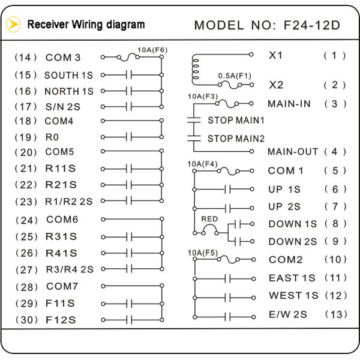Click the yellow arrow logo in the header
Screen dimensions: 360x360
(13, 25)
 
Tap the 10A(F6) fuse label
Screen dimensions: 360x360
(152, 49)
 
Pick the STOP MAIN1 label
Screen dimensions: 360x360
(236, 120)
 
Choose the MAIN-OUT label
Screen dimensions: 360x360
(293, 152)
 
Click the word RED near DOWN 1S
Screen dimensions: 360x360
(209, 219)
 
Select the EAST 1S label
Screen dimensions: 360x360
(292, 278)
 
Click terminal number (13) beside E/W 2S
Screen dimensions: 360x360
(335, 314)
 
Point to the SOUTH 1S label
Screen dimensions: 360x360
(69, 76)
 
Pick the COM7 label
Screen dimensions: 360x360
(61, 287)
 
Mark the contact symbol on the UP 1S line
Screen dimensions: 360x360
(227, 189)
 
